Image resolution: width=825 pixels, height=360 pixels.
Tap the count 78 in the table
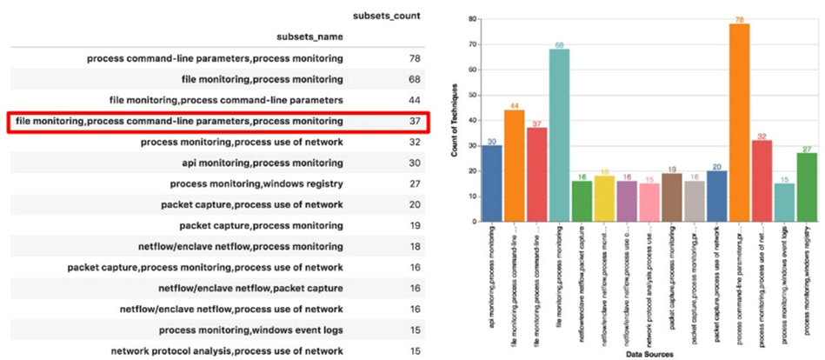(415, 58)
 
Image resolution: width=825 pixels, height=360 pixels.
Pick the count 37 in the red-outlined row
(415, 121)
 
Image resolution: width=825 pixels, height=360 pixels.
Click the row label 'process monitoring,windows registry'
(256, 183)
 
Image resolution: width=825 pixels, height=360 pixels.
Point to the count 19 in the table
(415, 225)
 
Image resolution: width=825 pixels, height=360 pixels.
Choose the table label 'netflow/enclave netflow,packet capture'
(250, 288)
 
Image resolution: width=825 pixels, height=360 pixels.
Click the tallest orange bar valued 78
(739, 123)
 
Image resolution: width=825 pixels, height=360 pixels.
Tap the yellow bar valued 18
(605, 199)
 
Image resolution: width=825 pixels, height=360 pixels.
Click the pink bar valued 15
(649, 203)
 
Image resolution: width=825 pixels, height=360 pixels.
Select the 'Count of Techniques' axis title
(455, 121)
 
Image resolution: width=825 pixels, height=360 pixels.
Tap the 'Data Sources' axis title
(649, 354)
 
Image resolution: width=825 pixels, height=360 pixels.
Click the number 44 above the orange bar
(515, 105)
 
